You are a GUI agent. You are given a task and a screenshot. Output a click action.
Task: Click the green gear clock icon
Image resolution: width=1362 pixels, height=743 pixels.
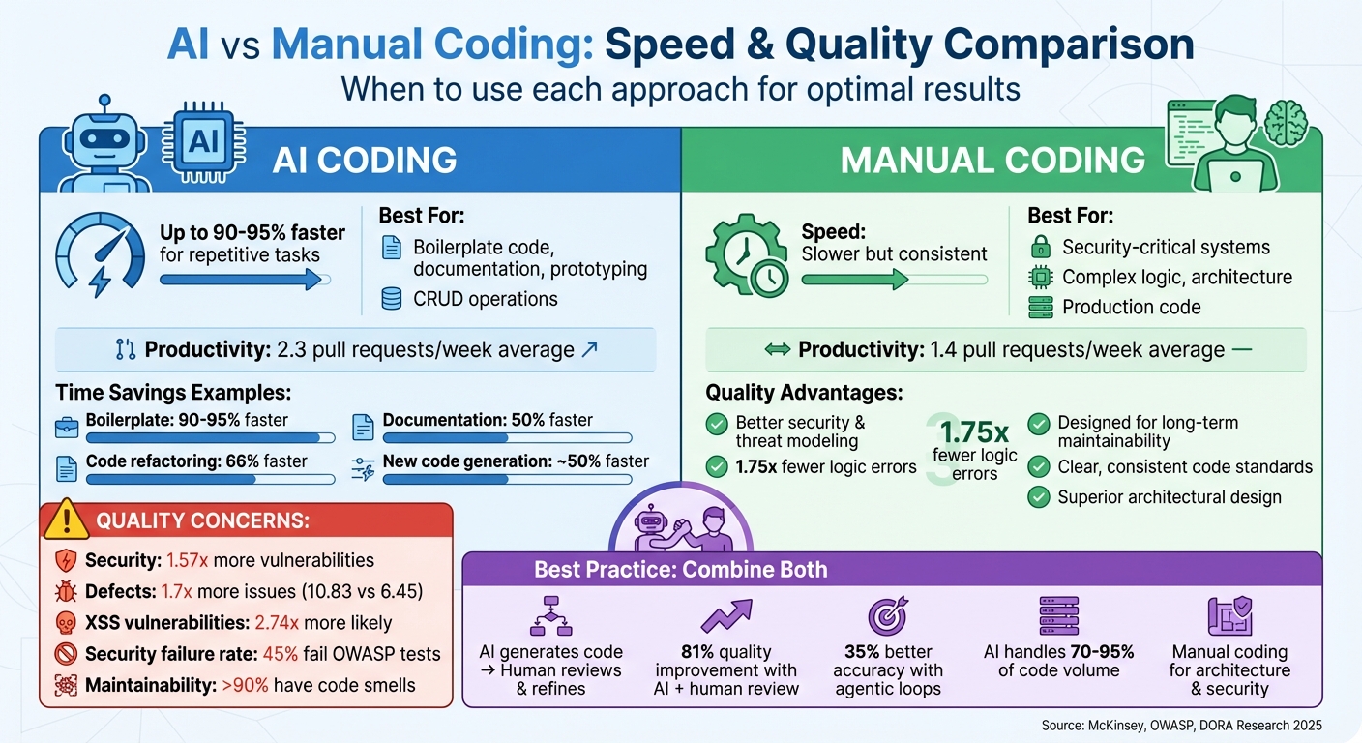click(x=746, y=254)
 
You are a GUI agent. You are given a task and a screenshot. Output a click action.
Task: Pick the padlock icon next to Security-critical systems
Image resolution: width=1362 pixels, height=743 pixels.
click(x=1040, y=247)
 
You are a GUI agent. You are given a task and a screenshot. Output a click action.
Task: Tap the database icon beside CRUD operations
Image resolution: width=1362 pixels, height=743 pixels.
click(x=391, y=299)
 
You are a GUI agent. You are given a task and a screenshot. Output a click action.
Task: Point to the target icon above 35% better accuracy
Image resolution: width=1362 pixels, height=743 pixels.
click(x=887, y=615)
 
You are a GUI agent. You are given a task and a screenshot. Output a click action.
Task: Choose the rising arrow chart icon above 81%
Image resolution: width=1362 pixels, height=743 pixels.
click(x=725, y=615)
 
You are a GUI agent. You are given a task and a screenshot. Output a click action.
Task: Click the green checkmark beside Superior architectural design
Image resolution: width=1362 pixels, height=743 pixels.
click(x=1039, y=497)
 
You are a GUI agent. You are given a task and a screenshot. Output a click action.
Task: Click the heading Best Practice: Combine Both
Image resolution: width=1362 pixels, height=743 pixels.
click(x=681, y=569)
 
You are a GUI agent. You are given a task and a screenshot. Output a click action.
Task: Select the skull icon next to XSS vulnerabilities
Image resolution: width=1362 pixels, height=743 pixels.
click(x=66, y=622)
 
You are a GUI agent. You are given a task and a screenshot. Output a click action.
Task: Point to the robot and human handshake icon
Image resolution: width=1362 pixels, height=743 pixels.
click(x=682, y=522)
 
